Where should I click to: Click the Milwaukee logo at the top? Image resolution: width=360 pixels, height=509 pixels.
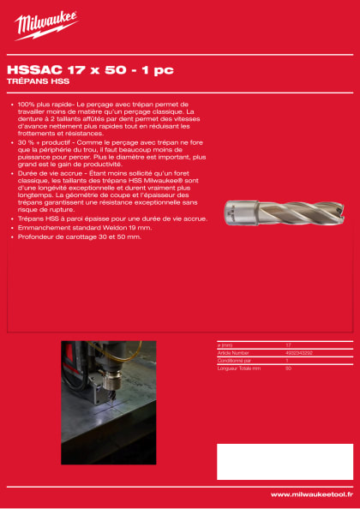pyautogui.click(x=45, y=25)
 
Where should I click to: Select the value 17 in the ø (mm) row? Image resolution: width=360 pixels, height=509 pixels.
pyautogui.click(x=289, y=344)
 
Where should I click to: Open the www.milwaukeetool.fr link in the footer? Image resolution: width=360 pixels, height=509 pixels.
pyautogui.click(x=311, y=494)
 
